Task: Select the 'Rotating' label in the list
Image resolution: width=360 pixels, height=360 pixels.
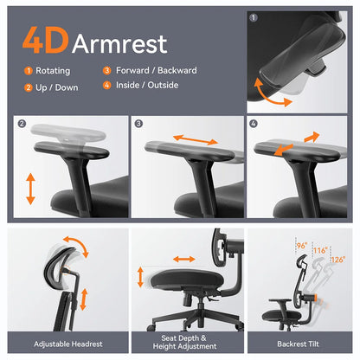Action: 54,71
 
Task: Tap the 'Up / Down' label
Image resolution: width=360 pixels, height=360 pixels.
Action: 57,87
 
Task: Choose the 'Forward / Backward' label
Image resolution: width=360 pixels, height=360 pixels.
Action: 151,71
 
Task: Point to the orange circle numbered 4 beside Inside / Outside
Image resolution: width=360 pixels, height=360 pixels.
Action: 106,87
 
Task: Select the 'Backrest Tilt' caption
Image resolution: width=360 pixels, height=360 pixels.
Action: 299,341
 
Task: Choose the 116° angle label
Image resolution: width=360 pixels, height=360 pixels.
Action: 321,250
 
